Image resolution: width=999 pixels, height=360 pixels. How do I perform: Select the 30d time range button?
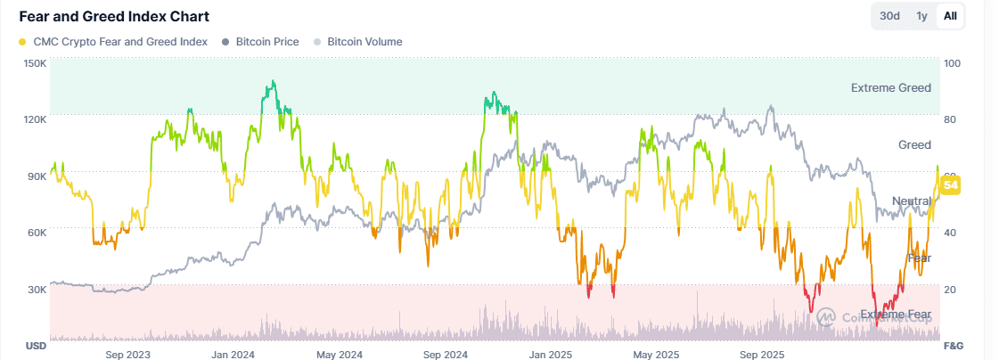coord(889,16)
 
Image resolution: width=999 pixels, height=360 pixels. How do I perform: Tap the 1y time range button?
coord(921,16)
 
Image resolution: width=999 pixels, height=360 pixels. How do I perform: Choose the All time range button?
coord(950,16)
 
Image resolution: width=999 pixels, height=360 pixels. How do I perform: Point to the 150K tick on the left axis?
coord(36,63)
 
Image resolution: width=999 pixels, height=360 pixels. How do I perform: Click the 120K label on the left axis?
coord(36,119)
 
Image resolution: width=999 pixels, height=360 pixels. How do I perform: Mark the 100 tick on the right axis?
coord(952,63)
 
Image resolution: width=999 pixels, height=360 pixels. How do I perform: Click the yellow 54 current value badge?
coord(951,185)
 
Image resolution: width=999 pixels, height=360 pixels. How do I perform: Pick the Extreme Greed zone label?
coord(890,88)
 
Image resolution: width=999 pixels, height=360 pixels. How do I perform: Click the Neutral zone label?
coord(911,201)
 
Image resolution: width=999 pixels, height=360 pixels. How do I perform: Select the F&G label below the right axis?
coord(954,346)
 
